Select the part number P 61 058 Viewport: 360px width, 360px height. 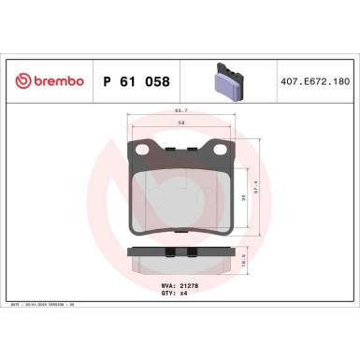[x=135, y=81]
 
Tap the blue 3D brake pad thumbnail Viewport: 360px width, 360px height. [x=225, y=80]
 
